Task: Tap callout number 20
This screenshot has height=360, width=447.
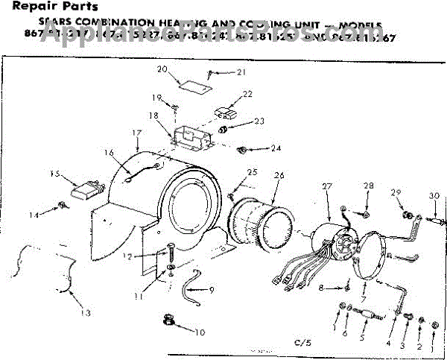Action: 162,69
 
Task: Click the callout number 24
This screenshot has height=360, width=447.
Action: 276,148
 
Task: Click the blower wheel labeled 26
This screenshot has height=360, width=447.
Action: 261,216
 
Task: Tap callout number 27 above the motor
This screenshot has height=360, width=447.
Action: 326,186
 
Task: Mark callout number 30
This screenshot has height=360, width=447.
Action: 434,196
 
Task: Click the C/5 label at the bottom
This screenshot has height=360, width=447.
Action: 302,342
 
